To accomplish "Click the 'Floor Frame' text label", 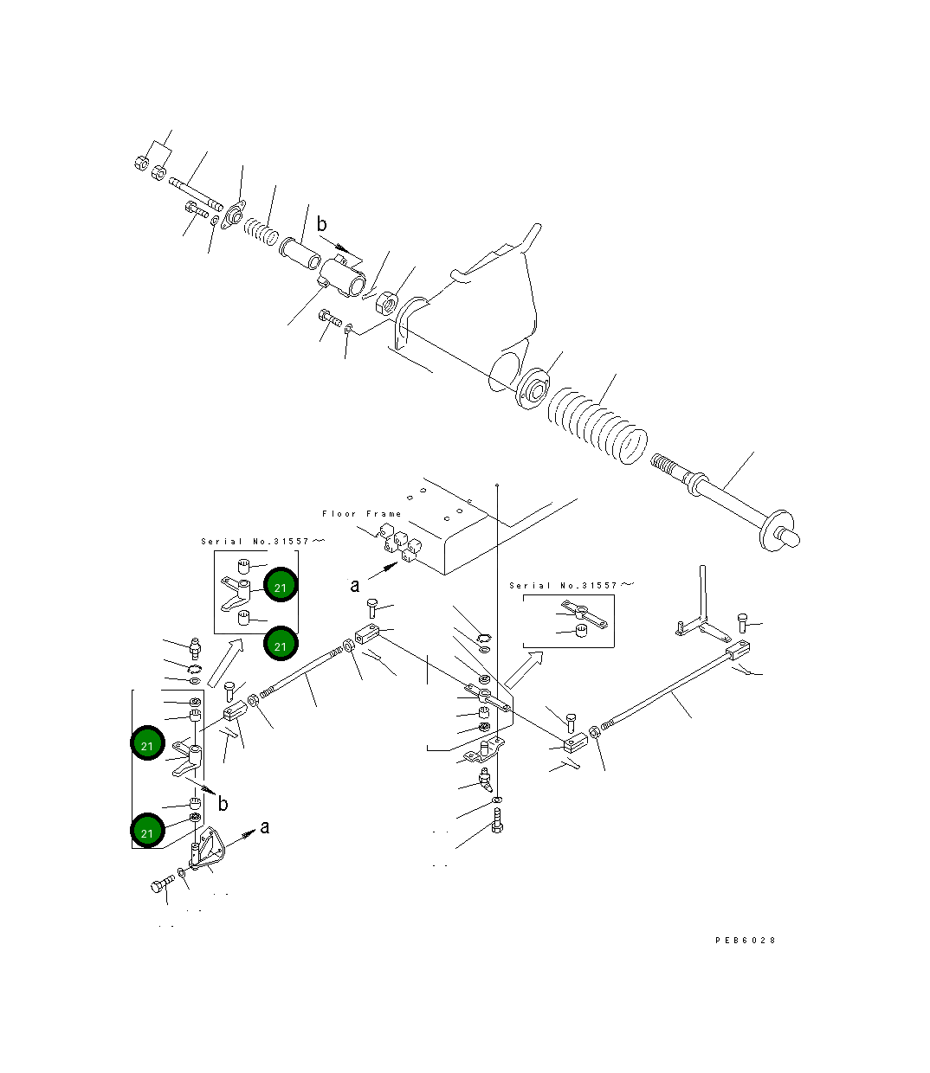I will click(361, 514).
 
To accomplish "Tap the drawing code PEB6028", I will click(745, 940).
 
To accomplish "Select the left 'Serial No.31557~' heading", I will click(263, 542).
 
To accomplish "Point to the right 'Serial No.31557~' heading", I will click(572, 586).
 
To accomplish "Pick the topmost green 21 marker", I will click(280, 587).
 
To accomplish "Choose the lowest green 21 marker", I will click(147, 832).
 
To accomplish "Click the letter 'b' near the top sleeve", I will click(321, 225).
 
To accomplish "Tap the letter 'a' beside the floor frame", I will click(355, 586).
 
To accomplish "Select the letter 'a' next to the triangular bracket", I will click(265, 827).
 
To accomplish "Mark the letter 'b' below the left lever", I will click(223, 804).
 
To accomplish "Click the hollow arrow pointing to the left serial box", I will click(223, 662).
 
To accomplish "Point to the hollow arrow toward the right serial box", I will click(524, 669).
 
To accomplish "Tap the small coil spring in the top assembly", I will click(258, 230).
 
